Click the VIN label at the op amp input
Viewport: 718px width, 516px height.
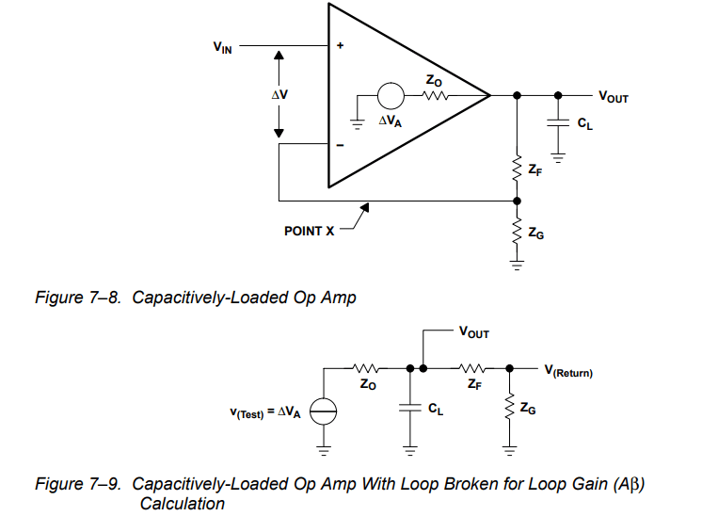click(x=222, y=45)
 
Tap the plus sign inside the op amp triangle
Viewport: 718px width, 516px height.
click(x=341, y=46)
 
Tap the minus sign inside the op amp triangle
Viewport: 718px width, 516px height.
click(x=341, y=146)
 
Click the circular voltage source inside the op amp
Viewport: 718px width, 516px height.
click(x=390, y=95)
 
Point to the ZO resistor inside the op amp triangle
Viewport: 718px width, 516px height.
click(x=435, y=95)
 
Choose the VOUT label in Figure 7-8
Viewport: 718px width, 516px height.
click(x=613, y=97)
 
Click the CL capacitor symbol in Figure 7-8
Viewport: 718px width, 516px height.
click(x=558, y=122)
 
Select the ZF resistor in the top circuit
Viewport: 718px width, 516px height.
click(x=516, y=169)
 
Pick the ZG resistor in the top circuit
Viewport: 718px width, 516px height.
click(x=516, y=233)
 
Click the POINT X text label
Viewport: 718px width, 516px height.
click(x=309, y=230)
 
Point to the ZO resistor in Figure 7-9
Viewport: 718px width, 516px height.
click(x=366, y=368)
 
